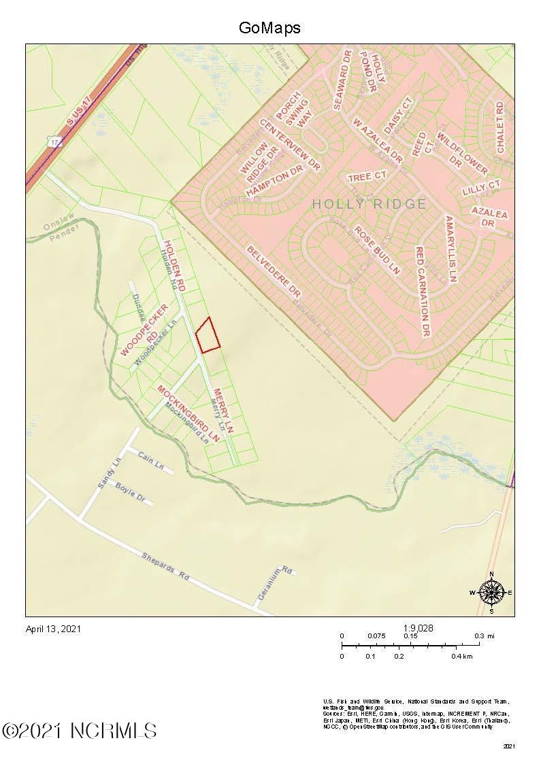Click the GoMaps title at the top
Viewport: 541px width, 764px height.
tap(269, 28)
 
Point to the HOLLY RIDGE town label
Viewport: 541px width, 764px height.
tap(370, 204)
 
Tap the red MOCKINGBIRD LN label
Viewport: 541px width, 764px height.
tap(190, 414)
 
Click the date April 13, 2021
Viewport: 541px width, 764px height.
tap(53, 629)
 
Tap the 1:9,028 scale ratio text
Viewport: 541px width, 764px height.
tap(418, 628)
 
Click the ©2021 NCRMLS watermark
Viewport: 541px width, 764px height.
tap(80, 731)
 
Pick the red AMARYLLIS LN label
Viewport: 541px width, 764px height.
tap(450, 249)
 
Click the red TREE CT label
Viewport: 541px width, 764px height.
tap(367, 177)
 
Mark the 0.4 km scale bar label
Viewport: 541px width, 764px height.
tap(461, 657)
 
